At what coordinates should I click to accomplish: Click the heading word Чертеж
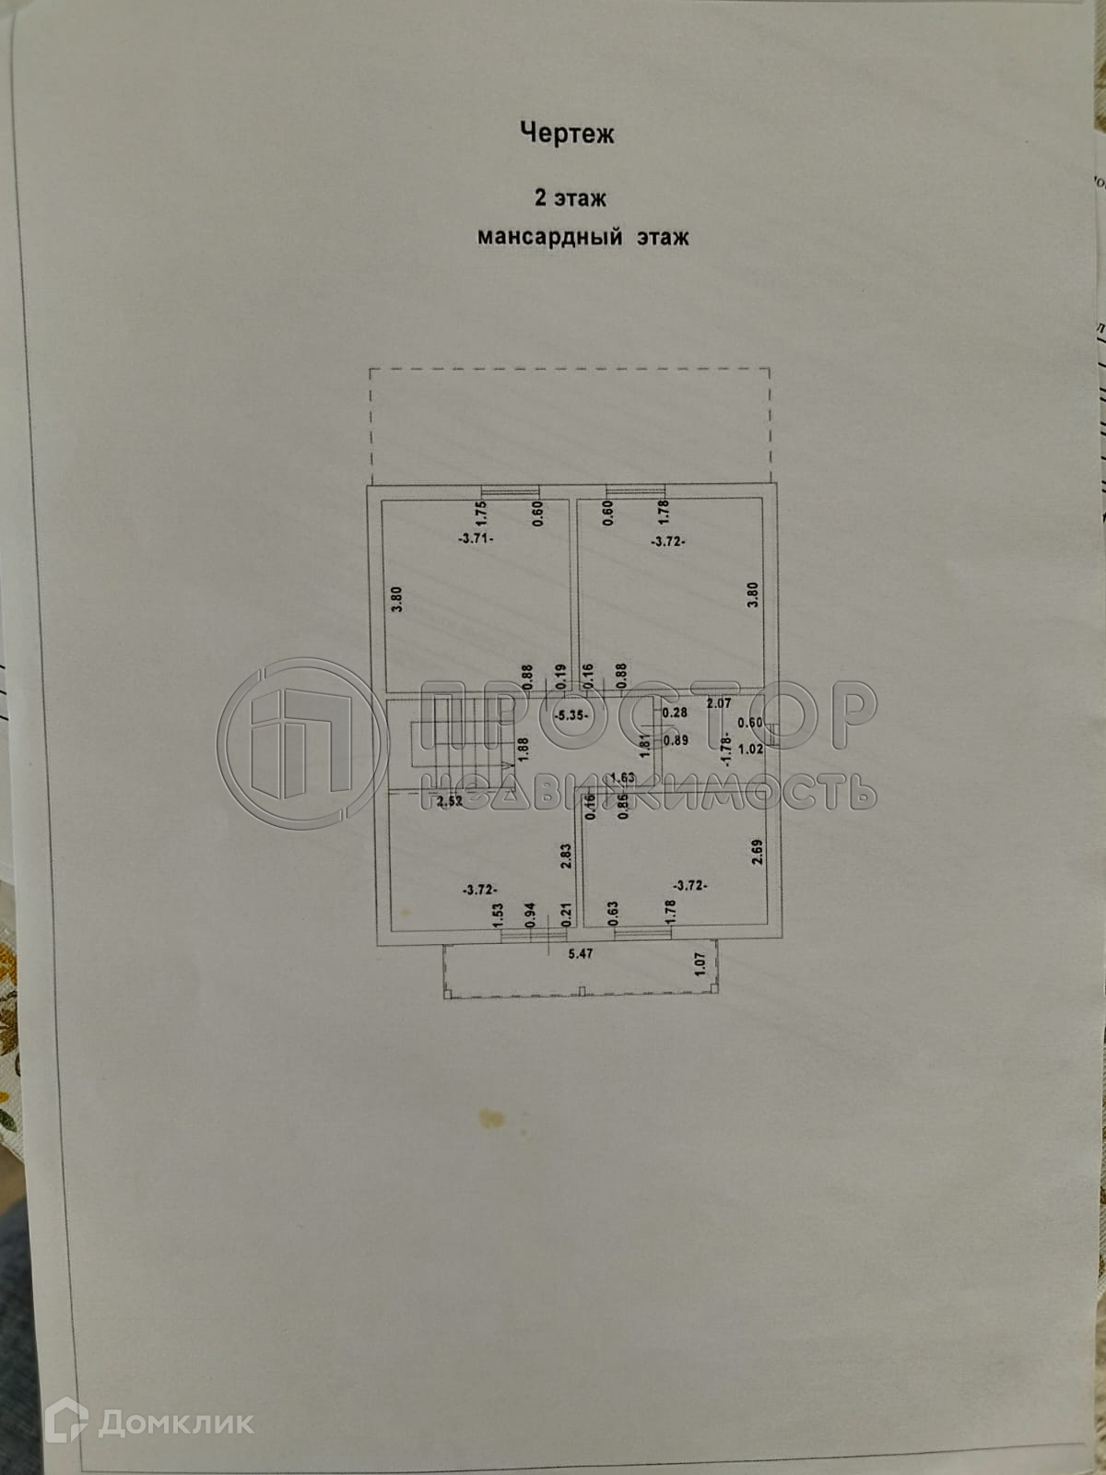[x=567, y=135]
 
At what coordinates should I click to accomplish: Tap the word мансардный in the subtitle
[x=547, y=238]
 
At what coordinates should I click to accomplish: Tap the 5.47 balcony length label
[x=580, y=954]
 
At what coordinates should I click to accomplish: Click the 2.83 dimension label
[x=567, y=856]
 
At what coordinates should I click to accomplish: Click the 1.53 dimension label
[x=497, y=914]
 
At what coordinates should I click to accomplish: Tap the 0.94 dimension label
[x=530, y=914]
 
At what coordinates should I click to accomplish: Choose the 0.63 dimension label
[x=613, y=912]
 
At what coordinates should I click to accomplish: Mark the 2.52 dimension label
[x=450, y=801]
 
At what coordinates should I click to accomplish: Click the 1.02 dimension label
[x=752, y=749]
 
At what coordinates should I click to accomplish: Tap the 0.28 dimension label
[x=677, y=712]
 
